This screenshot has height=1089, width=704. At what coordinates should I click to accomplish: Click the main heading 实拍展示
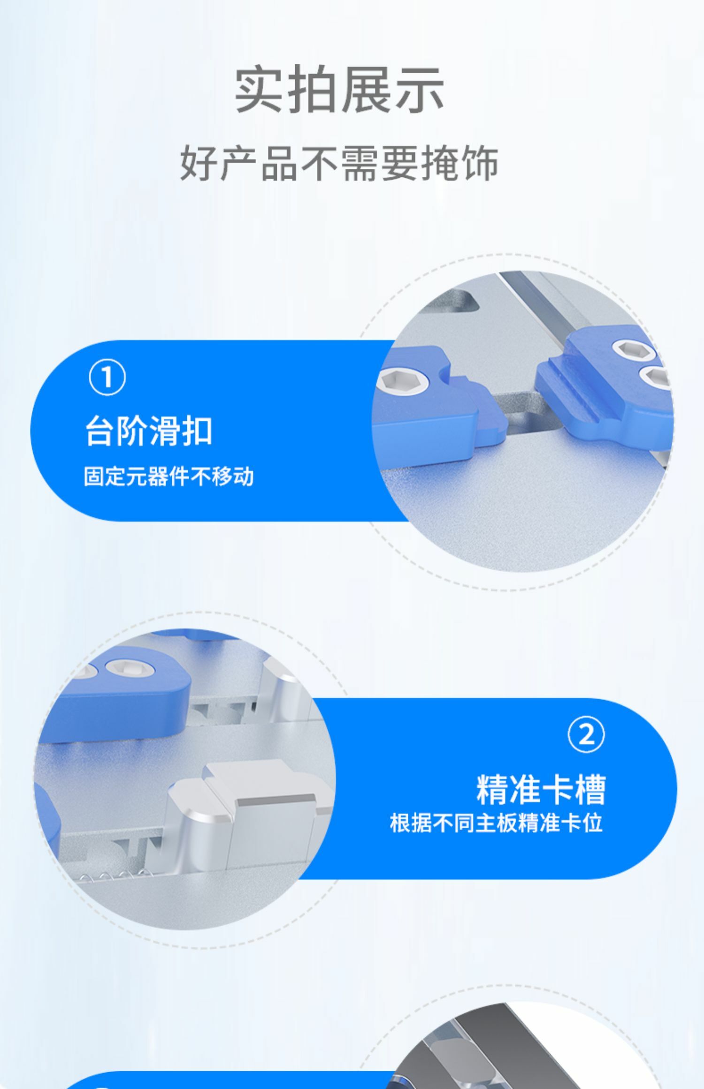click(339, 90)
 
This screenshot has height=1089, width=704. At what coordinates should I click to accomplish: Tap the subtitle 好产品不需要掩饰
click(339, 163)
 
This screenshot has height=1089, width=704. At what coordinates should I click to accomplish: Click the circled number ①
click(107, 377)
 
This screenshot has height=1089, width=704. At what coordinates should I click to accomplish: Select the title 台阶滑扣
click(148, 431)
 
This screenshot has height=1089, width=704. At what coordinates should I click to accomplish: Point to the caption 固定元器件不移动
click(168, 476)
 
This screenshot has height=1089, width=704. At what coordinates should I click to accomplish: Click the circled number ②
click(586, 735)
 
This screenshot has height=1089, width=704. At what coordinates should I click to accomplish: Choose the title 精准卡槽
click(541, 789)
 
